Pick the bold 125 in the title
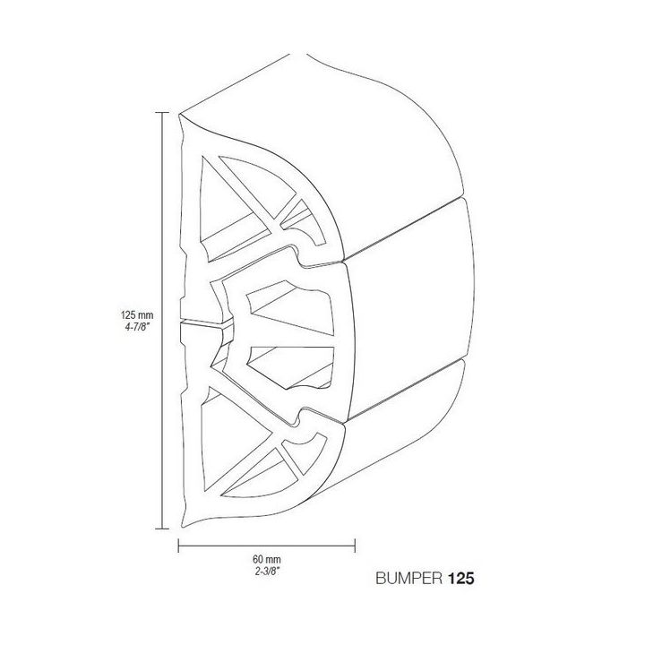(457, 579)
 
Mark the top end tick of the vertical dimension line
(161, 113)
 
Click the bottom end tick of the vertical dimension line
(161, 530)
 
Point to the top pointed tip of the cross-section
(181, 115)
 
